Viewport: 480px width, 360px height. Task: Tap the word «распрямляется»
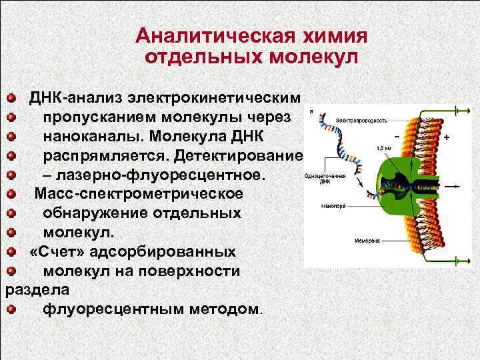tap(113, 156)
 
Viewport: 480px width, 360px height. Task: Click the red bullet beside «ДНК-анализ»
tap(11, 99)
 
